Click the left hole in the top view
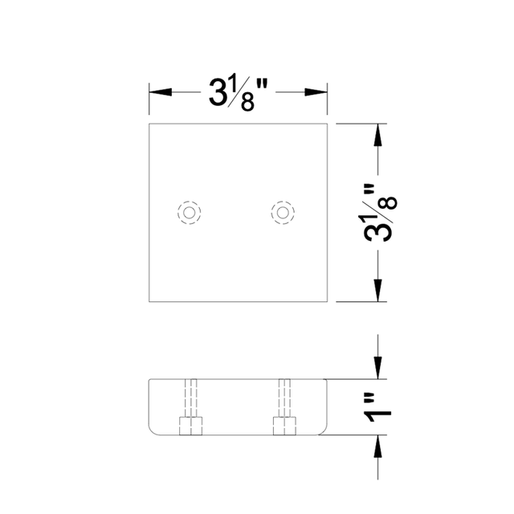(189, 212)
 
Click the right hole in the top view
(283, 212)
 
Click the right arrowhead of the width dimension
(319, 91)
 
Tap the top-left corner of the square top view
(149, 125)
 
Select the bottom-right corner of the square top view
(328, 300)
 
